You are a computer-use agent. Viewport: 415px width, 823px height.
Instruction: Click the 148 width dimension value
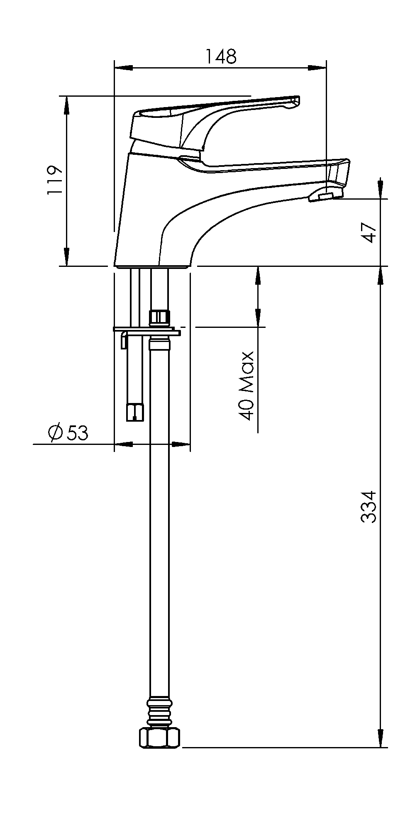coord(221,56)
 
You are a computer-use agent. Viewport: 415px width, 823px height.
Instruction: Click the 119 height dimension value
coord(54,180)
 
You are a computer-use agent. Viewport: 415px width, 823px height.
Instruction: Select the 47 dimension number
coord(369,232)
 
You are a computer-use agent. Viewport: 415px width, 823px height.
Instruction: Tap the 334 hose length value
coord(368,507)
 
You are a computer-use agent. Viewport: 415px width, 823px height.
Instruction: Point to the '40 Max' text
coord(247,386)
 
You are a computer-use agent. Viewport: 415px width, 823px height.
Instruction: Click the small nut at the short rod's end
coord(135,412)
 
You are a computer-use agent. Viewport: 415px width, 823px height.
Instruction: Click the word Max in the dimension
coord(247,371)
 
